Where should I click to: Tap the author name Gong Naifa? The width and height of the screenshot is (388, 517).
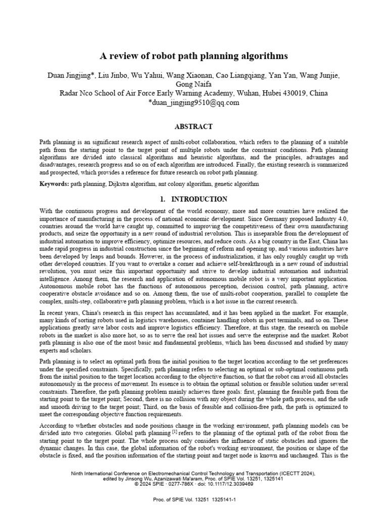[x=194, y=84]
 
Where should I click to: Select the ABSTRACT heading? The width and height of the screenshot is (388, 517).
[x=193, y=127]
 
